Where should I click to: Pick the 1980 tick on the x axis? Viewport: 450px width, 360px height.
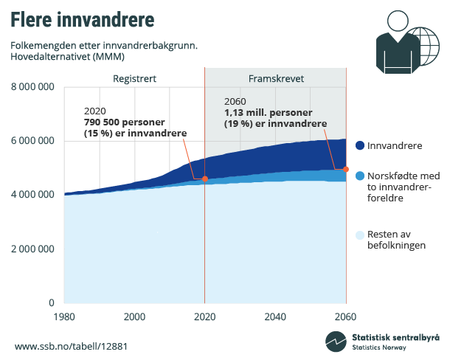click(64, 316)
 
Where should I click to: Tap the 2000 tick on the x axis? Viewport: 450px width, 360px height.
click(134, 316)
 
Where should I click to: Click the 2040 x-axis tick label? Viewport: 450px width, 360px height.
click(275, 316)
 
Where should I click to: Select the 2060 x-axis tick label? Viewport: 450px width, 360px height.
click(345, 316)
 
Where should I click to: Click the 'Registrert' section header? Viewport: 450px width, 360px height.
click(134, 79)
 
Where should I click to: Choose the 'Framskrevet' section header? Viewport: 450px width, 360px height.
click(275, 79)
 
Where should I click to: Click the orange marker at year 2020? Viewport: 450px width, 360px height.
click(205, 179)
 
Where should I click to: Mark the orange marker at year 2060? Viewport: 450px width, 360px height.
click(346, 169)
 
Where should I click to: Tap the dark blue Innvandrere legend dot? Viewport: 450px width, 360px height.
click(359, 145)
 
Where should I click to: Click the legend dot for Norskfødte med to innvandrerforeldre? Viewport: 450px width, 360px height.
click(359, 176)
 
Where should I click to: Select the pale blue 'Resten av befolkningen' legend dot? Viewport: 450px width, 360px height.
click(359, 235)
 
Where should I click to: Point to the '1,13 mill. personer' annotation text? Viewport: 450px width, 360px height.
click(268, 113)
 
